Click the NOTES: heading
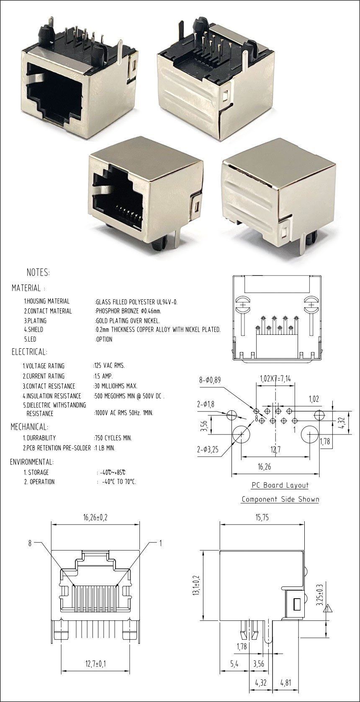[38, 273]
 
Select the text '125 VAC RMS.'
[109, 366]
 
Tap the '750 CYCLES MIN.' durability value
[113, 438]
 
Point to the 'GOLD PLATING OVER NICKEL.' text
[128, 321]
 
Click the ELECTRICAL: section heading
[29, 352]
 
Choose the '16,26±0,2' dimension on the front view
[95, 517]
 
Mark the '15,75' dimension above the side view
[262, 517]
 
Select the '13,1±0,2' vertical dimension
[196, 585]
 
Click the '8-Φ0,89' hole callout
[210, 380]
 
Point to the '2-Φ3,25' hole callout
[208, 450]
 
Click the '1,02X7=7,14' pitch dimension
[275, 378]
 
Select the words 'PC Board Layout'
[280, 485]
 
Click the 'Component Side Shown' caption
[280, 499]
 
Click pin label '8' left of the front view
[30, 543]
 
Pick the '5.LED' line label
[31, 339]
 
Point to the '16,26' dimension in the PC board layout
[265, 467]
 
